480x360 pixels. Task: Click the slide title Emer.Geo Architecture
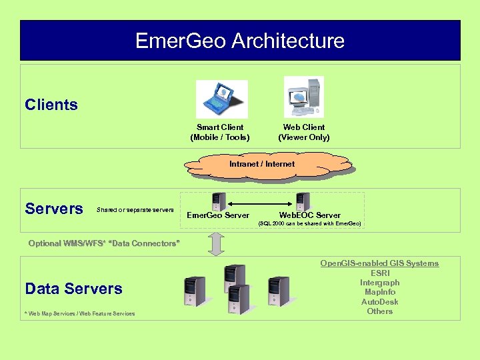pyautogui.click(x=240, y=41)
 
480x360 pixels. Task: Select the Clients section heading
pyautogui.click(x=51, y=105)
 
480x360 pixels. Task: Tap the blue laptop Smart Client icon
pyautogui.click(x=221, y=99)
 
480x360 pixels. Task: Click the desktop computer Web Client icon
pyautogui.click(x=303, y=97)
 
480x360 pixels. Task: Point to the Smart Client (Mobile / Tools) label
pyautogui.click(x=220, y=132)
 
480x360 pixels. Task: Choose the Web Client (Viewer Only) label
pyautogui.click(x=304, y=132)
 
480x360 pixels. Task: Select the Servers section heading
pyautogui.click(x=53, y=209)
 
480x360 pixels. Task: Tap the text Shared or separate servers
pyautogui.click(x=135, y=210)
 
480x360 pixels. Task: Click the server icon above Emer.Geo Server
pyautogui.click(x=217, y=201)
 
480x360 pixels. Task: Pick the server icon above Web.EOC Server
pyautogui.click(x=303, y=201)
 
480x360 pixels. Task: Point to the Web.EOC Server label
pyautogui.click(x=309, y=215)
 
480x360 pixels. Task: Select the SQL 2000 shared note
pyautogui.click(x=309, y=223)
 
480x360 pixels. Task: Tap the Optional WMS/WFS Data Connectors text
pyautogui.click(x=104, y=243)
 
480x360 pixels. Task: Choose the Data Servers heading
pyautogui.click(x=73, y=289)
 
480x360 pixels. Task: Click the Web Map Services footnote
pyautogui.click(x=79, y=313)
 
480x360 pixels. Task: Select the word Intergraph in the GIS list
pyautogui.click(x=379, y=283)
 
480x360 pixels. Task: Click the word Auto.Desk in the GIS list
pyautogui.click(x=379, y=301)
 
